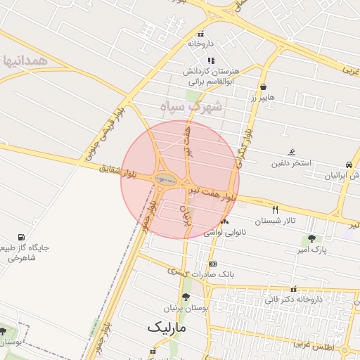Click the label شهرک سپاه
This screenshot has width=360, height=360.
[x=191, y=107]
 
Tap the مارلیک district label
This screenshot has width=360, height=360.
[x=167, y=328]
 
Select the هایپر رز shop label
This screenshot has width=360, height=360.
[x=263, y=96]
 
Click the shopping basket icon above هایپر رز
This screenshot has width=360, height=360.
[x=263, y=87]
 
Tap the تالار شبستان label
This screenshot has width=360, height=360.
[x=275, y=220]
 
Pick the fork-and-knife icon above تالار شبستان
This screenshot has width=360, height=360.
[x=275, y=210]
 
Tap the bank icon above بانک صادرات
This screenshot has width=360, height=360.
[x=212, y=264]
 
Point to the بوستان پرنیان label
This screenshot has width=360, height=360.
[x=186, y=308]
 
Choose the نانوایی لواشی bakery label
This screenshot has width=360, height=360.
[x=223, y=232]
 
